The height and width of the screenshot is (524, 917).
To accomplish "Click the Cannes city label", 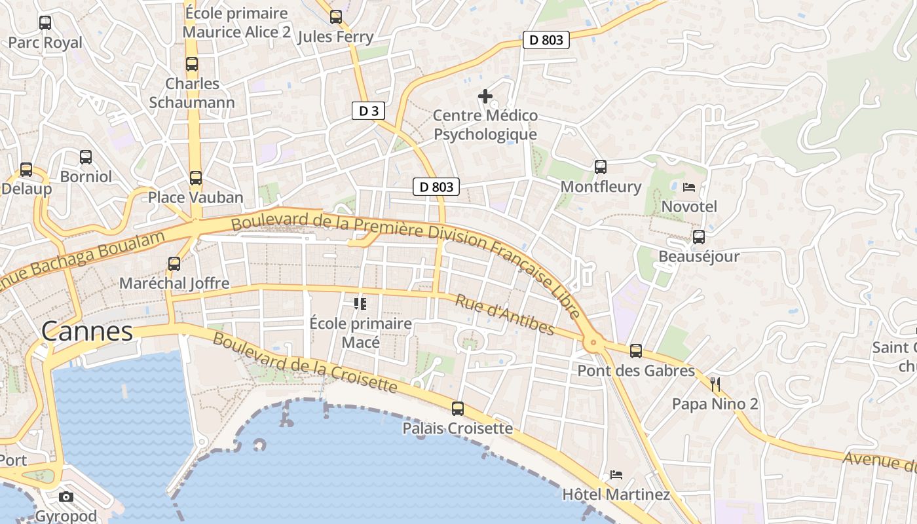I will coord(87,331).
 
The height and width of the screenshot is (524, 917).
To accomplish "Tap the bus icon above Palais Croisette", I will coord(458,409).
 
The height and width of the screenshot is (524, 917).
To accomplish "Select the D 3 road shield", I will coord(369,111).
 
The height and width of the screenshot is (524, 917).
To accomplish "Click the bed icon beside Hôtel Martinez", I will coord(616,474).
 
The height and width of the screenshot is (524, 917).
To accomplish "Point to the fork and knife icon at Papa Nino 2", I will coord(715,384).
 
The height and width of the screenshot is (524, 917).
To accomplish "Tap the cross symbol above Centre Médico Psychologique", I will coord(485,96).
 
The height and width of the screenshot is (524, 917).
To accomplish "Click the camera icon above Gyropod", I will coord(66,496).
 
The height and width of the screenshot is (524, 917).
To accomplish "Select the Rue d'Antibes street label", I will coord(505,315).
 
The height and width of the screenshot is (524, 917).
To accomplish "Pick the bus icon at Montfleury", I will coord(601,167).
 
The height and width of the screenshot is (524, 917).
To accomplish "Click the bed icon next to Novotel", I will coord(689,187).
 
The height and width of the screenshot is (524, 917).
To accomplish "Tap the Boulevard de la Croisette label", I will coord(305,364).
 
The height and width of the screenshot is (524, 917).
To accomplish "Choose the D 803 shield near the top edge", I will coord(546,40).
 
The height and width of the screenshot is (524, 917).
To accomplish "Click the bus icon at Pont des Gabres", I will coord(635,351).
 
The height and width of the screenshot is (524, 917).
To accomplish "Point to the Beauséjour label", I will coord(698,256).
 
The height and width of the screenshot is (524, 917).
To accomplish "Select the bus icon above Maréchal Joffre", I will coord(174,264).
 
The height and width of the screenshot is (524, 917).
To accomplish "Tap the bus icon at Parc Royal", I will coord(45,23).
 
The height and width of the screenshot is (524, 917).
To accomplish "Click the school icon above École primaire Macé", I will coord(360,303).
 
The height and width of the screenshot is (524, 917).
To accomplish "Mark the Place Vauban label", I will coord(195,197).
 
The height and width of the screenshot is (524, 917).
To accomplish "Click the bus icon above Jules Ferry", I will coord(336,17).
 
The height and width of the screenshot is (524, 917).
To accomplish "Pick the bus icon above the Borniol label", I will coord(86,157).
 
